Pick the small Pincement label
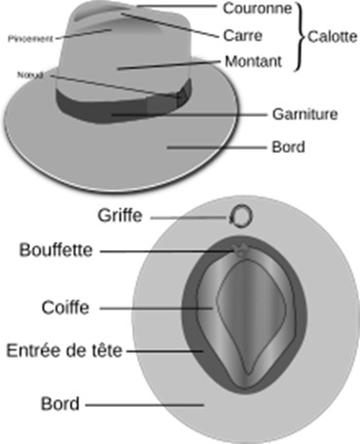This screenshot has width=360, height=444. pos(28,40)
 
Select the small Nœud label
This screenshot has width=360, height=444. pos(27,74)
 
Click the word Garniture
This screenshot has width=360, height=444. pos(305,114)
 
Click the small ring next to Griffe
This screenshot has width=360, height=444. pos(240,215)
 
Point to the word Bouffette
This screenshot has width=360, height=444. pos(56,250)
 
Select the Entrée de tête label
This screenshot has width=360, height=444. pos(63,349)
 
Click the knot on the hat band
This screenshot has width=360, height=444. pos(178,96)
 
